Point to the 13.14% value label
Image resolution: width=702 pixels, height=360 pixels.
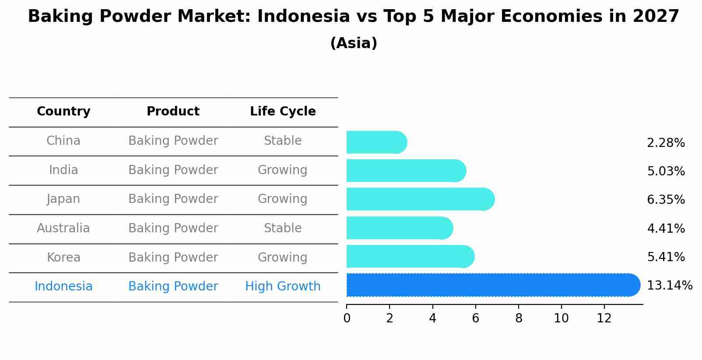669,286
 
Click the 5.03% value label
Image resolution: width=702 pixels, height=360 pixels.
666,171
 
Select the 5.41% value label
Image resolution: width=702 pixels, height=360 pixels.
666,257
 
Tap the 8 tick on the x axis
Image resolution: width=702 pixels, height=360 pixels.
519,318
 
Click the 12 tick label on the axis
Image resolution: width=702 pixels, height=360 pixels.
604,318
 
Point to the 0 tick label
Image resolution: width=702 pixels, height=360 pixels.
347,318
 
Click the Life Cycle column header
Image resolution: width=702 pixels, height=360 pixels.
283,112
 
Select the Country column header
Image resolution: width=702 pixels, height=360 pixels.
63,112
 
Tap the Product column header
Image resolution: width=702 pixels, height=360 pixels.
173,112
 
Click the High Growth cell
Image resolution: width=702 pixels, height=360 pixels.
283,287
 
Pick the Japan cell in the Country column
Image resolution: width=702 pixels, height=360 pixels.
63,199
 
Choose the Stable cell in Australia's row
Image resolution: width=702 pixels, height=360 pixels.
283,228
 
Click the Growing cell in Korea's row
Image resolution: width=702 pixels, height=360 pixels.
283,257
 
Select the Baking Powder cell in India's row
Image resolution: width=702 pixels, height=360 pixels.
173,170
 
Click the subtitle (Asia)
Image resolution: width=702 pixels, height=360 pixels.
354,43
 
